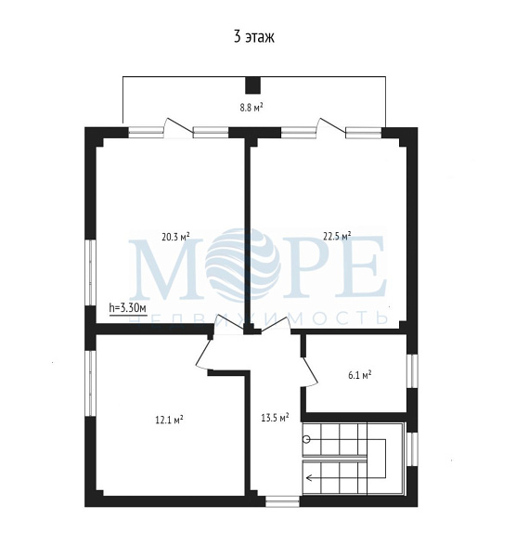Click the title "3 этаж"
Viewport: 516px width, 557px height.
254,36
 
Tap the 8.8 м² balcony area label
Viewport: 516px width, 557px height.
252,107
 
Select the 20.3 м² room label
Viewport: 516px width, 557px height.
175,237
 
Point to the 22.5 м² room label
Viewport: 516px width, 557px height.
337,236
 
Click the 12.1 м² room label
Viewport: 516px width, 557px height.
169,420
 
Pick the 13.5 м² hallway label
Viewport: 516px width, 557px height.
275,418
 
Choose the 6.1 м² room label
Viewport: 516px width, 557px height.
360,375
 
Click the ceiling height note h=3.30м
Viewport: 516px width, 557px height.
127,308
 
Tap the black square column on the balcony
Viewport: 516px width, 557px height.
253,85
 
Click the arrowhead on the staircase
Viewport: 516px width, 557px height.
309,478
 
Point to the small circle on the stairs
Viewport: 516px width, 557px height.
306,440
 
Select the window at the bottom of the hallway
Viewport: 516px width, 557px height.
283,501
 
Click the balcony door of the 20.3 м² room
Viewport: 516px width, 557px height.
178,127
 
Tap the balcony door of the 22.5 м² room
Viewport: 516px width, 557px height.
331,127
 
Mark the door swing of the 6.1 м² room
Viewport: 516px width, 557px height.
310,371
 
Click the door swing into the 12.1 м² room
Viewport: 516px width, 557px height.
205,353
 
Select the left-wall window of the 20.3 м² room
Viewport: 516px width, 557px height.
91,272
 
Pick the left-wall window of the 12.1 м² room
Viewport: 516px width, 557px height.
91,383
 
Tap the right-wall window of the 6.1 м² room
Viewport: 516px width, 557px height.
412,370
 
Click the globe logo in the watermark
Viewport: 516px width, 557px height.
242,264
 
